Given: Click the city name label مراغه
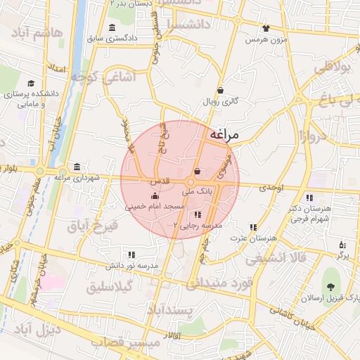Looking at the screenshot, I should [x=224, y=134].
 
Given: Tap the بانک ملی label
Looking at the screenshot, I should [x=197, y=191].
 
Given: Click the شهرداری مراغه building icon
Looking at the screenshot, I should [x=77, y=167].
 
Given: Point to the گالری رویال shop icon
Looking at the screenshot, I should [x=221, y=90].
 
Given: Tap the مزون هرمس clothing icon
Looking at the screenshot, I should [x=266, y=29].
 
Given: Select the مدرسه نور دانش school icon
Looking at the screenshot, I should [x=131, y=255].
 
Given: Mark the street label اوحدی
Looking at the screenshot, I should [x=270, y=188].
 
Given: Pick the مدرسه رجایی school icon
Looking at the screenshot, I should [x=198, y=214].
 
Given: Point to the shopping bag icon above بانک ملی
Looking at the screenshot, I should [x=197, y=171].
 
